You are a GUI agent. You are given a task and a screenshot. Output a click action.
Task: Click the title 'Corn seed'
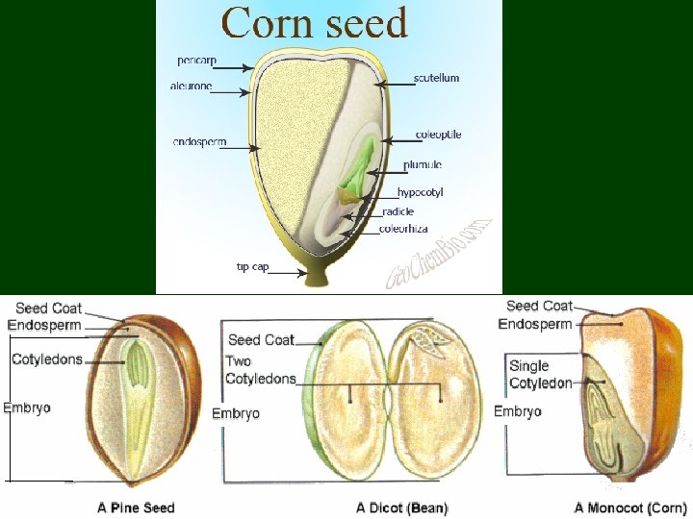tap(315, 21)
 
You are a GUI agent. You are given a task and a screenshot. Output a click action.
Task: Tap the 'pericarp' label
tap(196, 61)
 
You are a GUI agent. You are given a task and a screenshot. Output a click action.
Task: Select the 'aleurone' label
tap(192, 86)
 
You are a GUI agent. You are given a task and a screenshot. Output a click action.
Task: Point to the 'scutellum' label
tap(436, 78)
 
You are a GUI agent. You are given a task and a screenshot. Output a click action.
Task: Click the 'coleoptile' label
tap(438, 135)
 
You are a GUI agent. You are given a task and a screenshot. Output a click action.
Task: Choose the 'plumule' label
tap(423, 165)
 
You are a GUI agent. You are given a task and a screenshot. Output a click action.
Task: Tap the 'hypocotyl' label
tap(420, 192)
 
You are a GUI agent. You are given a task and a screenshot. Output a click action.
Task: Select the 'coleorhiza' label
tap(405, 229)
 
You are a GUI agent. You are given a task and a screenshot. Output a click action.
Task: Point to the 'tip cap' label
tap(252, 266)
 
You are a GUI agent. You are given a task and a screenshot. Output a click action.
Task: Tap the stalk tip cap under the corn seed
tap(316, 273)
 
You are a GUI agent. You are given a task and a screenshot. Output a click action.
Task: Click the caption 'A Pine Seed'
tap(136, 507)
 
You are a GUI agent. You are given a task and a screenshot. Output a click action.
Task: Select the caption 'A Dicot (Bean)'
tap(401, 507)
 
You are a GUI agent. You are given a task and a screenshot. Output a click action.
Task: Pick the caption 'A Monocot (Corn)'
tap(629, 507)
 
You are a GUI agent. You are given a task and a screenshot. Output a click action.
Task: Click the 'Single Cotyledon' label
tap(540, 374)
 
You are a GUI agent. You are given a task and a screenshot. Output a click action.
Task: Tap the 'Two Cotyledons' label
tap(260, 370)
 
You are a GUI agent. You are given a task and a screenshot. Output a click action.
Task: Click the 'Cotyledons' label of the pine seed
tap(47, 359)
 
